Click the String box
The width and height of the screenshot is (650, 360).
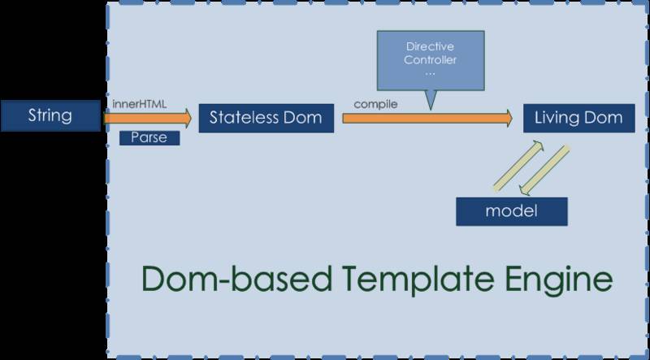point(50,115)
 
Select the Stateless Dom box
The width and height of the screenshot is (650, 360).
point(266,118)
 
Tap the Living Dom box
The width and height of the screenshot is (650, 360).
point(579,118)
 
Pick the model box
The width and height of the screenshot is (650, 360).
point(512,211)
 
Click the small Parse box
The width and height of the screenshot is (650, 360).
point(149,138)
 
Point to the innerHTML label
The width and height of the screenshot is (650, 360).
point(139,104)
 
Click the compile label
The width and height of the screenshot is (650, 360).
point(375,104)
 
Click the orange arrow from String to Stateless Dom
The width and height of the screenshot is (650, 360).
point(147,118)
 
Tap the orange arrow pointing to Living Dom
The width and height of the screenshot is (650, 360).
point(427,118)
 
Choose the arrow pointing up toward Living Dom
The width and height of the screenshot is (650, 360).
point(518,166)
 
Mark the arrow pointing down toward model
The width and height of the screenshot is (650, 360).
point(544,170)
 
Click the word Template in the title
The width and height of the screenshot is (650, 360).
point(418,280)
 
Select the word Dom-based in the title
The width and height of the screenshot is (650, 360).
point(236,279)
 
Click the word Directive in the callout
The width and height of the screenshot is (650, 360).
point(430,46)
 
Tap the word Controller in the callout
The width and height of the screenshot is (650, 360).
point(430,59)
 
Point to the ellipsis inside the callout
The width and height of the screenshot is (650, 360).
point(431,74)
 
